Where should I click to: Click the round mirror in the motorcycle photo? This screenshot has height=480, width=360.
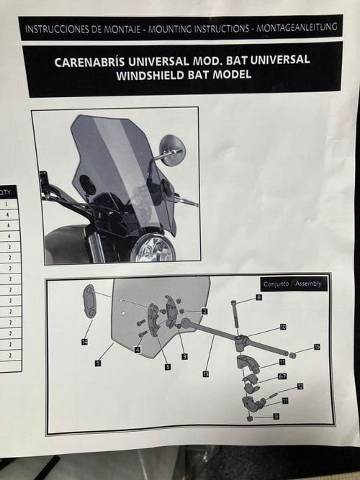tap(173, 150)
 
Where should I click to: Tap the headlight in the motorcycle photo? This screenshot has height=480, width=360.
tap(153, 248)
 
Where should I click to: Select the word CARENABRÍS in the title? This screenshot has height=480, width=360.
tap(89, 62)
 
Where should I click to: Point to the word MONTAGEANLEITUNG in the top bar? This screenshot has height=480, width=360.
tap(297, 27)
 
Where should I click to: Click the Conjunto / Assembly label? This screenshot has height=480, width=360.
tap(292, 284)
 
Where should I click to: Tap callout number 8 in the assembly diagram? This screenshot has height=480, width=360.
tap(259, 297)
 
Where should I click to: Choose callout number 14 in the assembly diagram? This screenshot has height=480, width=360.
tap(84, 342)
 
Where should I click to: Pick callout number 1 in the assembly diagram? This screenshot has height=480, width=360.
tap(98, 363)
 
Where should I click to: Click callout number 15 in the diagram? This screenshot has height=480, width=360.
tap(317, 347)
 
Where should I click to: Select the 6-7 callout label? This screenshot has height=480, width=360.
tap(282, 376)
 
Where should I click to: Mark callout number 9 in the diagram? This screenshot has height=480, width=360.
tap(276, 417)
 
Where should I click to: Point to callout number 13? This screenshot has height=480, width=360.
tap(206, 374)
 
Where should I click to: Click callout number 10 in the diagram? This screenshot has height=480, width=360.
tap(283, 327)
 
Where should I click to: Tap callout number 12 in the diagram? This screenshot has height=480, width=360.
tap(300, 386)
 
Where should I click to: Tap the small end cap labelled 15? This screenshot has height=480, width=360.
tap(292, 356)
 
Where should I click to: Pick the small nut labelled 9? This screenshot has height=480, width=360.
tap(250, 418)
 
